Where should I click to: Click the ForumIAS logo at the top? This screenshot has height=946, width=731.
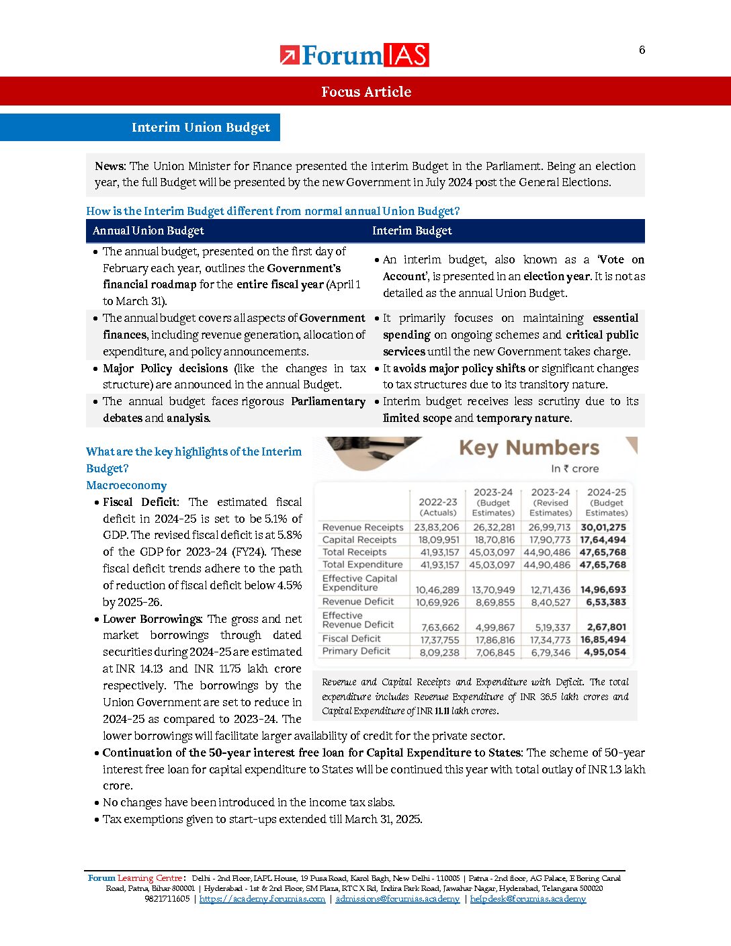click(x=355, y=55)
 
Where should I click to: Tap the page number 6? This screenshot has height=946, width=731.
click(x=642, y=50)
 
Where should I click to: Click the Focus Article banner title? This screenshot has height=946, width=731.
click(x=365, y=92)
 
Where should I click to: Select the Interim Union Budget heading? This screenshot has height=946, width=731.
click(x=200, y=128)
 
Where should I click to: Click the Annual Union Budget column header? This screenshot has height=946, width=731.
click(x=148, y=230)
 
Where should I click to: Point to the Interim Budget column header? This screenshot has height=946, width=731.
click(x=412, y=230)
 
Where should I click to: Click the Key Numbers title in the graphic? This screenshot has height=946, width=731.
click(x=529, y=447)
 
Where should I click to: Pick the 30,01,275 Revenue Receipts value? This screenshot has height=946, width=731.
click(x=603, y=527)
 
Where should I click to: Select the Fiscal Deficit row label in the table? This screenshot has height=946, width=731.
click(x=351, y=638)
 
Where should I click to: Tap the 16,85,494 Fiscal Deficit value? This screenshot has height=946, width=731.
click(x=603, y=640)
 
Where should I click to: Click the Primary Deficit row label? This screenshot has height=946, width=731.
click(x=356, y=651)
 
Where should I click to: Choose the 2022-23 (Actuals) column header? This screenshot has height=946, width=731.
click(x=437, y=507)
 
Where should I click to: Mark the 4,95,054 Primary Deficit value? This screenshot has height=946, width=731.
click(x=605, y=652)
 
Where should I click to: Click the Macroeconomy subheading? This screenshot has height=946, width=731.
click(x=126, y=485)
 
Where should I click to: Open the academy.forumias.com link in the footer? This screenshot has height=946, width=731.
click(x=262, y=899)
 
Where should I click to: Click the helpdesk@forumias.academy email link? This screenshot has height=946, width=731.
click(x=527, y=899)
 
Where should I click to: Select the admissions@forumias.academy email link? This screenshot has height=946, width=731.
click(x=397, y=899)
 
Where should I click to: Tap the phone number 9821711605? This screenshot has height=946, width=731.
click(x=167, y=899)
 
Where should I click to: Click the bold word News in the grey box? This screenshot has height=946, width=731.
click(x=110, y=166)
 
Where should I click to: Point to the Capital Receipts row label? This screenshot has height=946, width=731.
click(x=359, y=540)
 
